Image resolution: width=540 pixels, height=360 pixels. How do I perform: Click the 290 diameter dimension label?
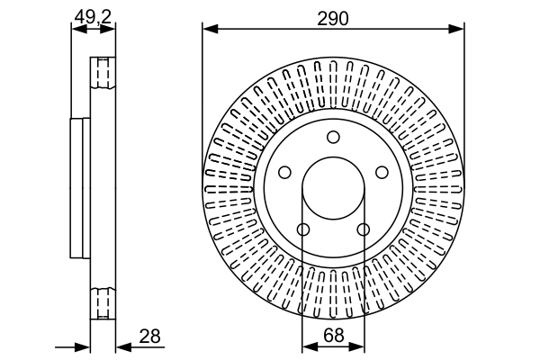tap(333, 19)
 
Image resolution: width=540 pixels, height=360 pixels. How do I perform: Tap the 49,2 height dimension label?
tap(94, 17)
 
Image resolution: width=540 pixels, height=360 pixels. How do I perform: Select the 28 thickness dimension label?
tap(149, 337)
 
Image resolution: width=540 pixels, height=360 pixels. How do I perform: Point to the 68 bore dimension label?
tap(334, 335)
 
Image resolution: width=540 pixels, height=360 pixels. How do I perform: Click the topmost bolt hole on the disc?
tap(333, 137)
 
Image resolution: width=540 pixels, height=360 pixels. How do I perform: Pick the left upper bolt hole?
tap(284, 172)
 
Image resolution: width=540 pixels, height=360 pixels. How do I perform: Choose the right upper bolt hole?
tap(382, 172)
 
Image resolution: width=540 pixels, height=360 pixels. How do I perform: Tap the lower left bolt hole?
tap(303, 229)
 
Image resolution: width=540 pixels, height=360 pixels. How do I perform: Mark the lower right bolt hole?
tap(363, 229)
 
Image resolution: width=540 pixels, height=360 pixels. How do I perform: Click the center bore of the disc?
tap(333, 188)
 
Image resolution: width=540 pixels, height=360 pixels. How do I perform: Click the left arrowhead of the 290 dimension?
tap(211, 29)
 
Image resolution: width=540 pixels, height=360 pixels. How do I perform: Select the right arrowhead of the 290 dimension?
tap(456, 29)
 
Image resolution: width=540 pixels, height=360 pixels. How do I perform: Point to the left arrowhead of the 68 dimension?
tap(310, 347)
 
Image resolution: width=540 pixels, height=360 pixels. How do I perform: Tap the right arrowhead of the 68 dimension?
tap(356, 347)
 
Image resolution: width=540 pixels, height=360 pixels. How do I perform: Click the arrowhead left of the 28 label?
tap(123, 347)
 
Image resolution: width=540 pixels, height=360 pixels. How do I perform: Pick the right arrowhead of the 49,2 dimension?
tap(107, 30)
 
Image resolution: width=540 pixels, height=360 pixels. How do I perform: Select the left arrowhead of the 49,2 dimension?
tap(78, 30)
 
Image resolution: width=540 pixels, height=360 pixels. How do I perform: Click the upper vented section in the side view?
tap(103, 73)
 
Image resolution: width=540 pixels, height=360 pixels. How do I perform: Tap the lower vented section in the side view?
tap(103, 303)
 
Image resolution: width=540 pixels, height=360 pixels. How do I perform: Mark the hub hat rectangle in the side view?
tap(80, 188)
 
